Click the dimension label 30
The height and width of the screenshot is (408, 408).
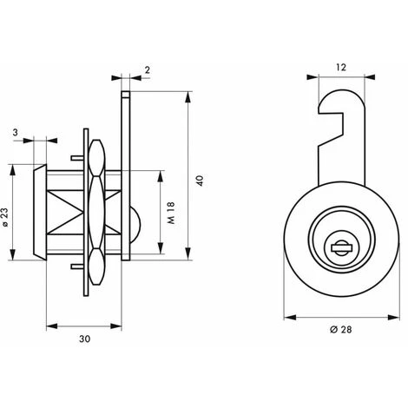pos(85,339)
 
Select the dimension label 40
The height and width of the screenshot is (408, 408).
pos(200,181)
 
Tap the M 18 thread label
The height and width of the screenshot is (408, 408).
pos(171,213)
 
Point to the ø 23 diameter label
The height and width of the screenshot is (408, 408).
pos(6,217)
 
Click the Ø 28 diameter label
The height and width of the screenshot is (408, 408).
pos(341,330)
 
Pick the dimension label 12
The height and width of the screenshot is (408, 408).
pos(341,68)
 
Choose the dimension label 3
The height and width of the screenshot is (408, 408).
pos(15,133)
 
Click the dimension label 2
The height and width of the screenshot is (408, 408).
pos(148,70)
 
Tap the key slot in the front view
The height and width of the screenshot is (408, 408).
pos(341,247)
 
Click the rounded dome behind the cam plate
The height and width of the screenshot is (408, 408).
pos(135,225)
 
